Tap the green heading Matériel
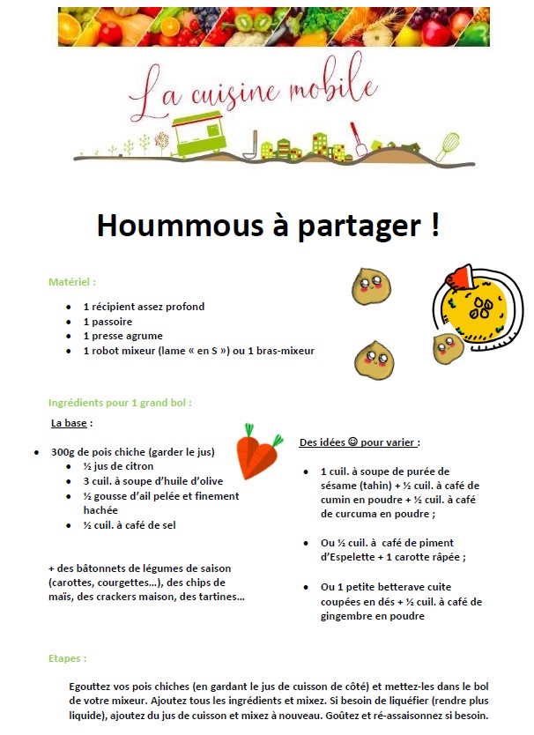71,282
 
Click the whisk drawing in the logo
449,143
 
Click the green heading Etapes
67,658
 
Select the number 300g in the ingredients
63,452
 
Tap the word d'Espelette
352,557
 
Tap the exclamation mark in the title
434,225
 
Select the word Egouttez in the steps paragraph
92,687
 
